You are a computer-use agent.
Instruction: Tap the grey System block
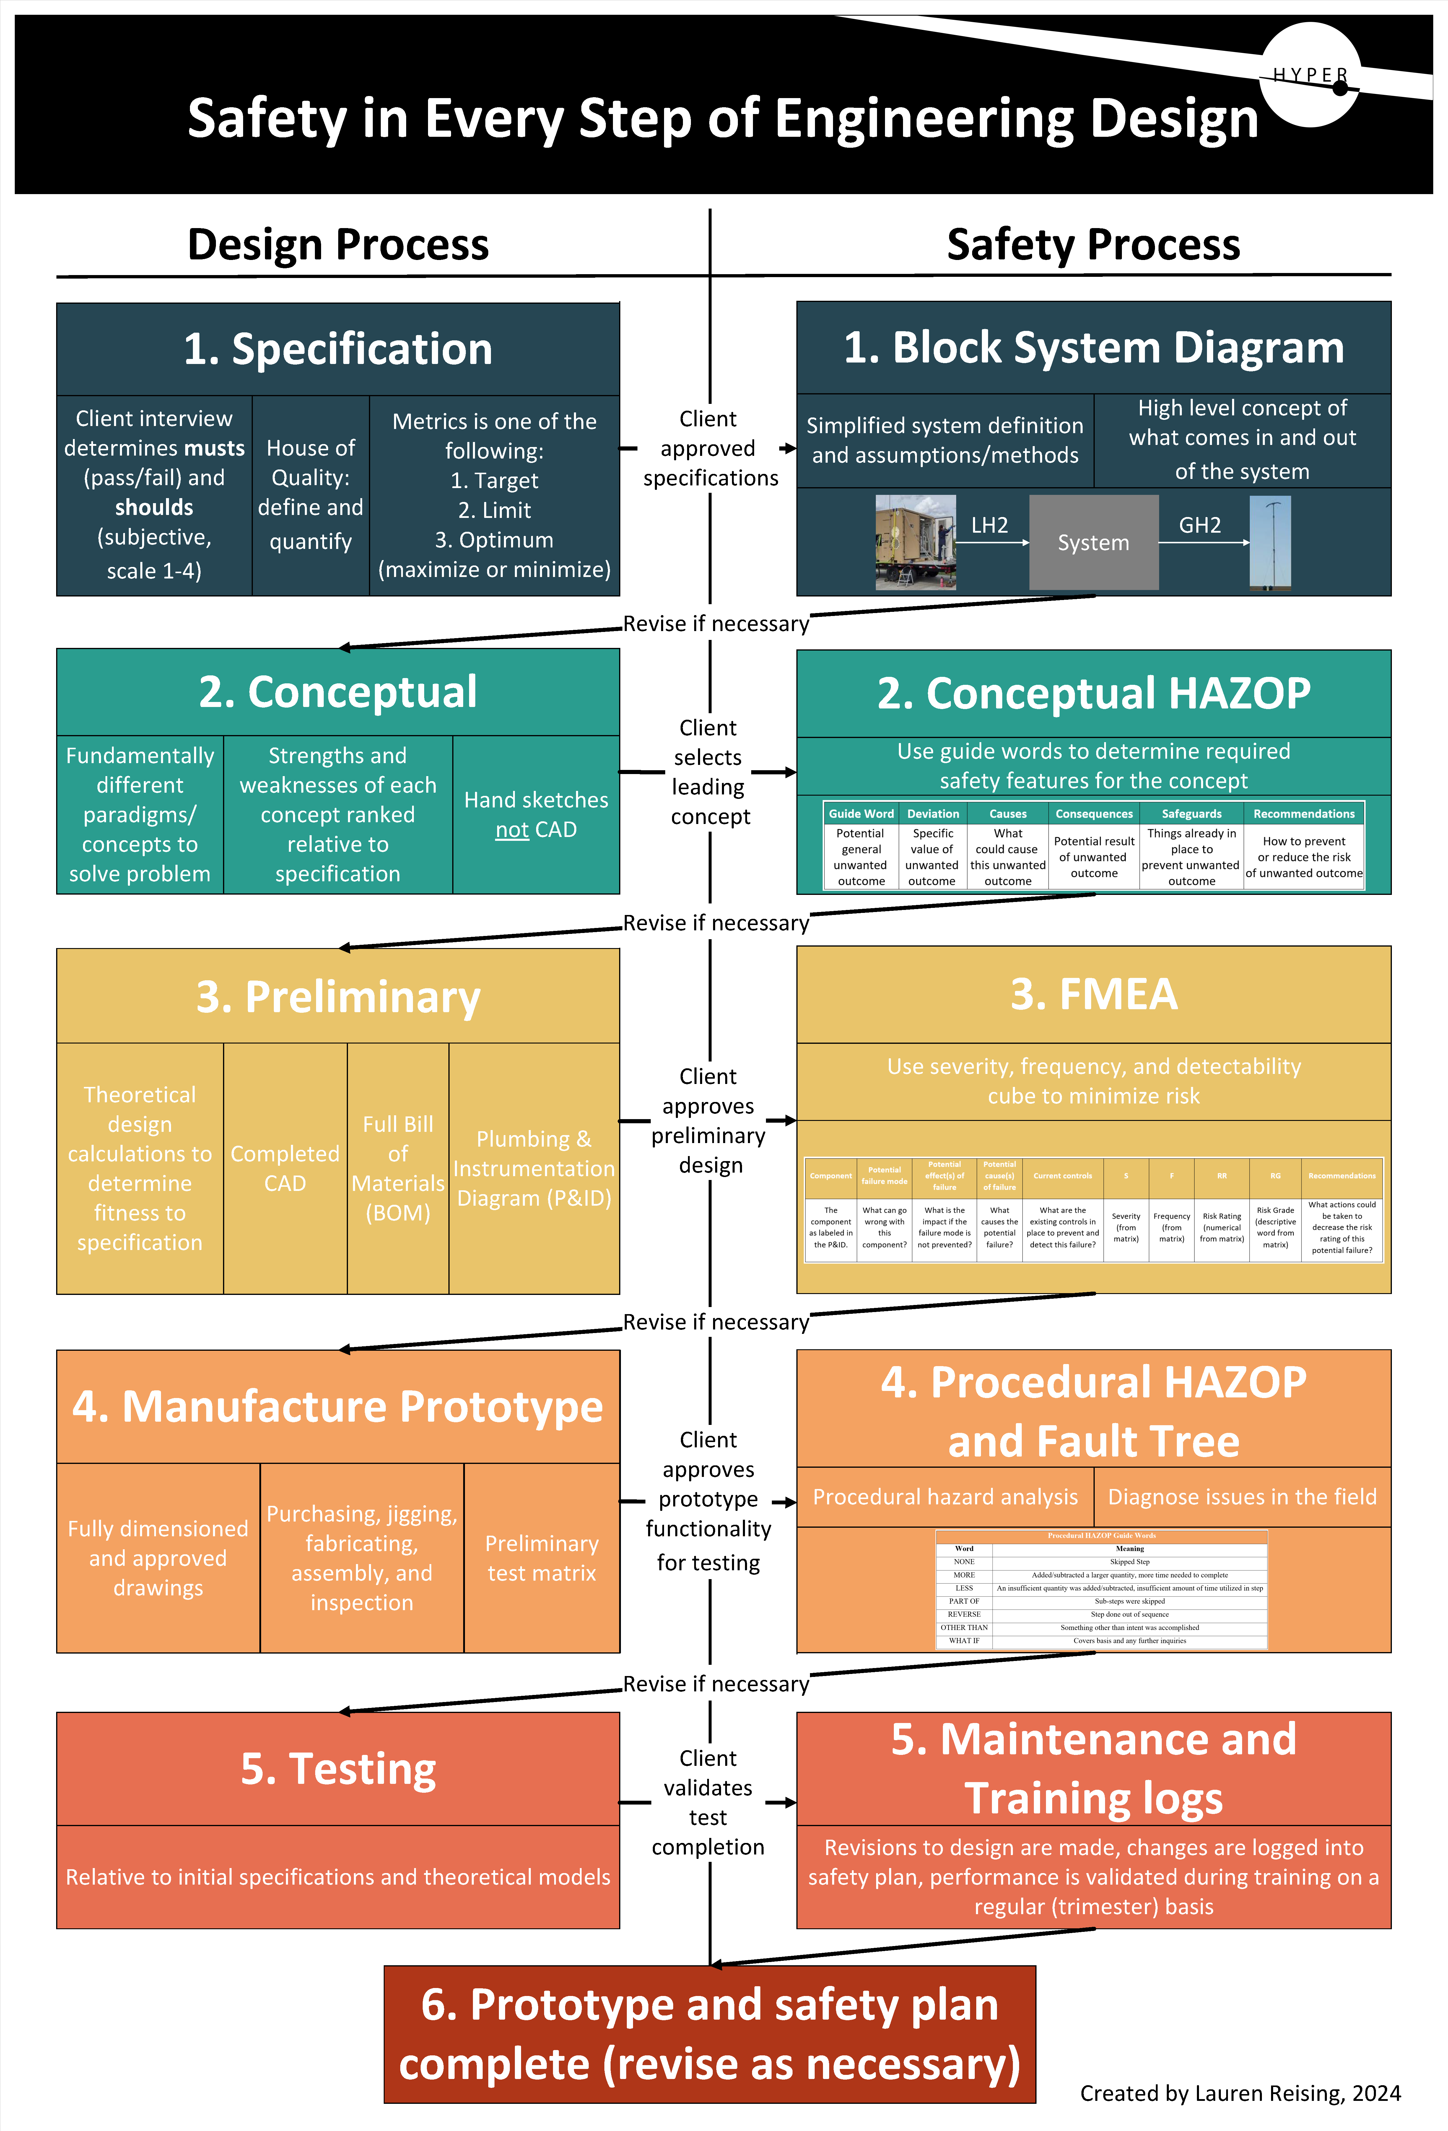tap(1093, 543)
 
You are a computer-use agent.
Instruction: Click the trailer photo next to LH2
tap(915, 542)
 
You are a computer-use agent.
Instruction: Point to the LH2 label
tap(990, 525)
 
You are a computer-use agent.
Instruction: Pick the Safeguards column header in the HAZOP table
tap(1191, 813)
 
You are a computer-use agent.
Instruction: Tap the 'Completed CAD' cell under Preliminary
tap(285, 1168)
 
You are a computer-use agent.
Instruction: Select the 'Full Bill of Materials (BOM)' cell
tap(398, 1168)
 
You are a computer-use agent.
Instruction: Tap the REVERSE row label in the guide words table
tap(964, 1614)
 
